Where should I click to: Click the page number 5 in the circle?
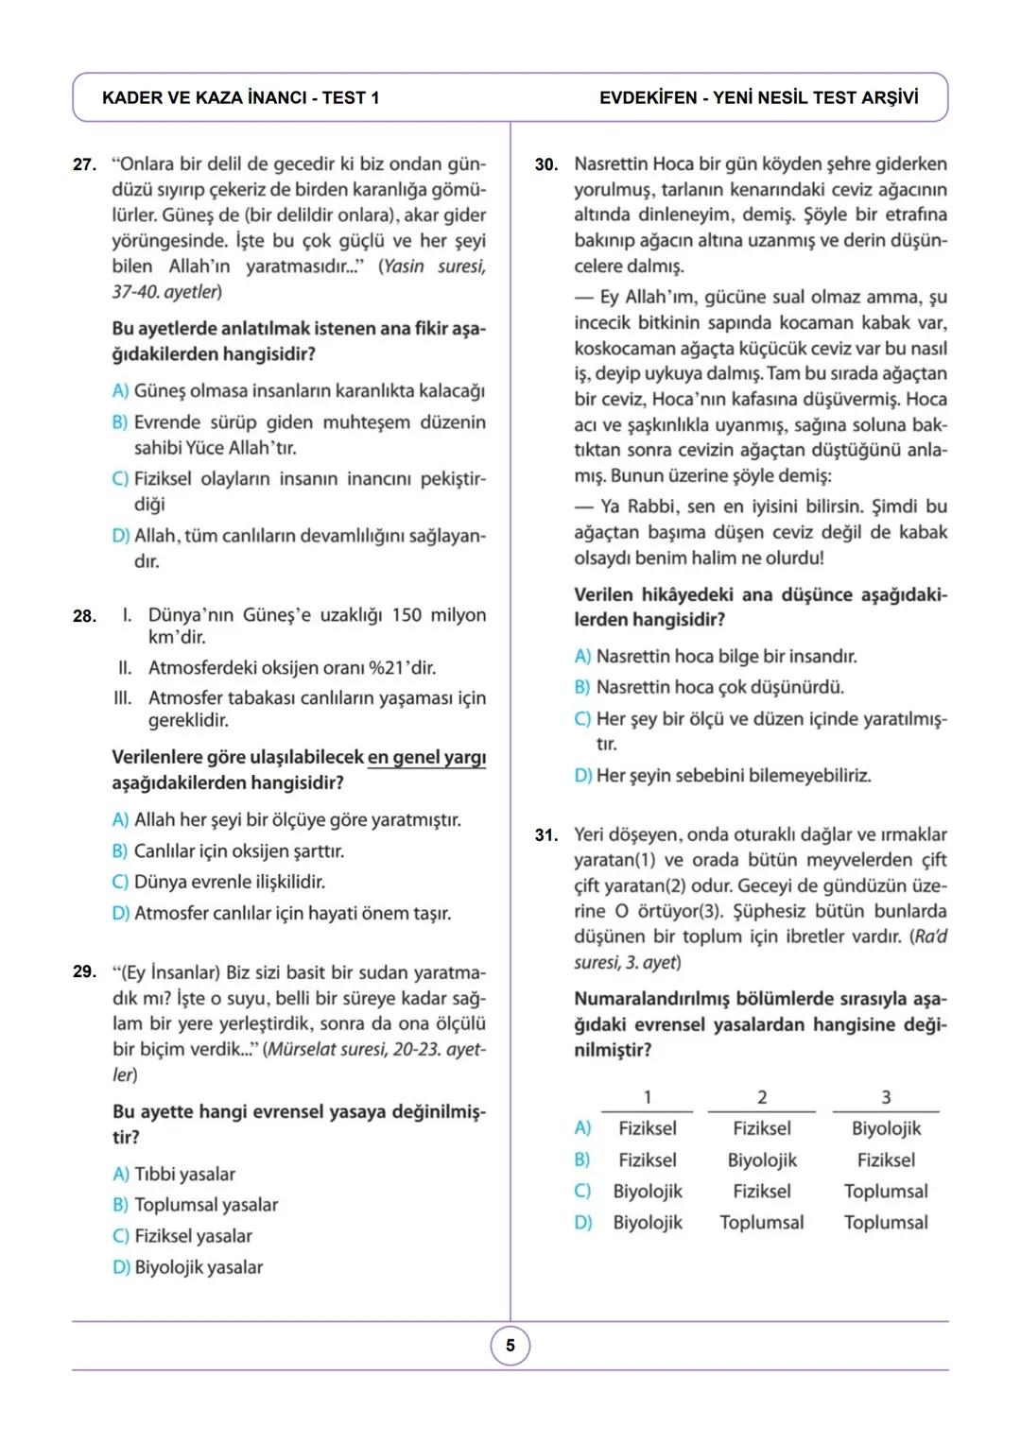click(x=510, y=1346)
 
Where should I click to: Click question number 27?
click(x=84, y=164)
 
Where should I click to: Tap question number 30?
click(x=545, y=164)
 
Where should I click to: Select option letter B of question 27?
click(x=120, y=422)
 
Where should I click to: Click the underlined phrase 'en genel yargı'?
click(x=426, y=758)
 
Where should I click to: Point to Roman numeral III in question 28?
click(x=122, y=698)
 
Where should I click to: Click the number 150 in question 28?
click(x=407, y=615)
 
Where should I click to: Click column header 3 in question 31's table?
click(x=886, y=1097)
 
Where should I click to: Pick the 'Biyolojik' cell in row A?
click(x=886, y=1128)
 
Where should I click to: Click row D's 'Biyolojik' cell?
click(x=648, y=1222)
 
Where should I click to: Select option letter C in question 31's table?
click(x=582, y=1191)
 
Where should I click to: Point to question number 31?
click(x=545, y=835)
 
